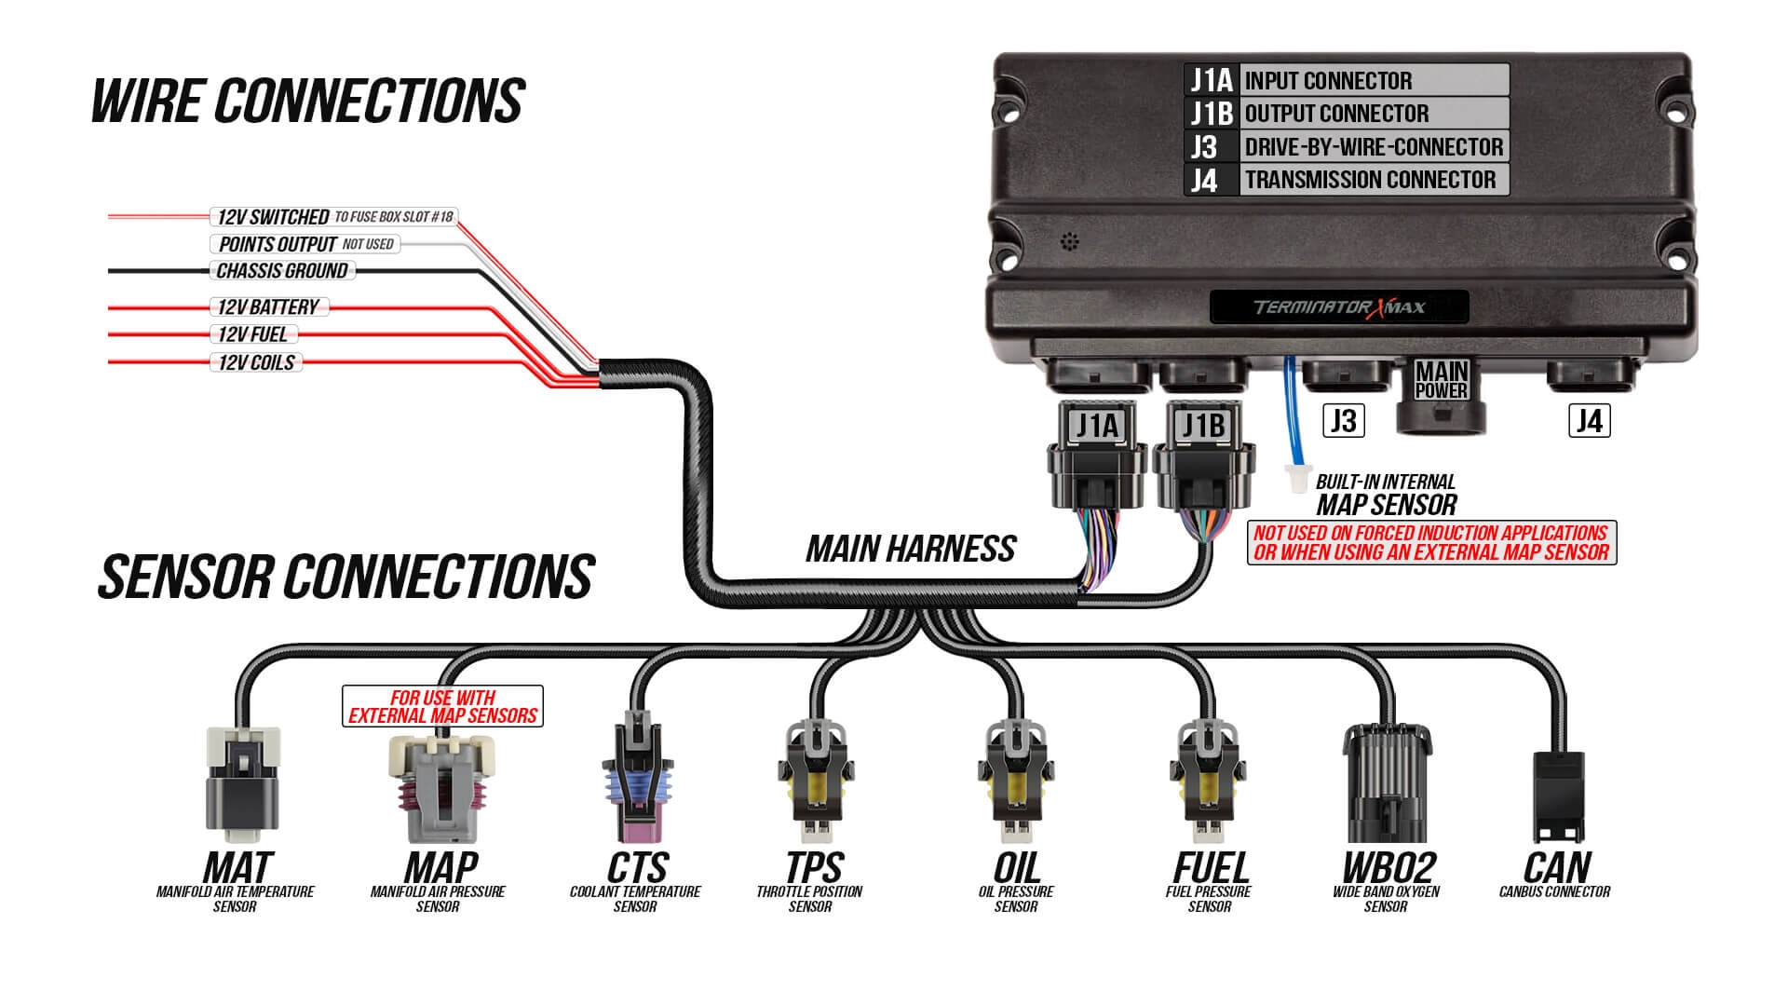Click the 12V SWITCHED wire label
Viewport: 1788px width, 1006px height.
click(x=272, y=217)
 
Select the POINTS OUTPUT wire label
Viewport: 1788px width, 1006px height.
click(x=277, y=244)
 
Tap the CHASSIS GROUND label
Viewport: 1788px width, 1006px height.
click(x=282, y=271)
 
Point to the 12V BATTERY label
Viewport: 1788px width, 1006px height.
click(x=267, y=307)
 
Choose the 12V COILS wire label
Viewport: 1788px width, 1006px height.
click(x=256, y=362)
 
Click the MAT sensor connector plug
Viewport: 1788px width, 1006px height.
click(x=242, y=782)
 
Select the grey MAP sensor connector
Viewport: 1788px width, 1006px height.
click(x=440, y=787)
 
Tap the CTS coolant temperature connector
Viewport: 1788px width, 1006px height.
click(x=636, y=782)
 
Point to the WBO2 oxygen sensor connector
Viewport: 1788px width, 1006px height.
click(x=1387, y=782)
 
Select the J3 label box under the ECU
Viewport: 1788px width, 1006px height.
click(x=1344, y=421)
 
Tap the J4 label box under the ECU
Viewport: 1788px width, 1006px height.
click(x=1590, y=421)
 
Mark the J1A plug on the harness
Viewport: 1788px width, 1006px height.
click(x=1097, y=456)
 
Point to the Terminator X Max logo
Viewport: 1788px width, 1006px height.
click(x=1339, y=307)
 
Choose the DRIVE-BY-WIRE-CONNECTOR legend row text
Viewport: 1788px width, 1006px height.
click(x=1374, y=147)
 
